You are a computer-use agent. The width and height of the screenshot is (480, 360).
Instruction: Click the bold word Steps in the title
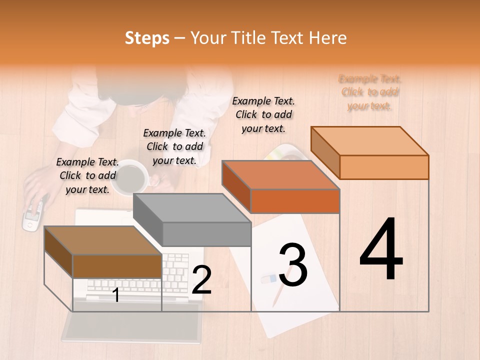[147, 38]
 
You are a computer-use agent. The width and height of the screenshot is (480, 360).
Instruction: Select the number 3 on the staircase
[293, 265]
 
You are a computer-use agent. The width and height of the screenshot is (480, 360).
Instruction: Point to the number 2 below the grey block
[201, 280]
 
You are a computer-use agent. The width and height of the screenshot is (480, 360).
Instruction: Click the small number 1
[116, 295]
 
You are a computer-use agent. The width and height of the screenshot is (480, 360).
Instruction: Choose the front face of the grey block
[206, 234]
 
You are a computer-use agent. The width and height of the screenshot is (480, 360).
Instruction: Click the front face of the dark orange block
[295, 201]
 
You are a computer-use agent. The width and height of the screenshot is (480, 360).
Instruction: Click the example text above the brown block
[87, 175]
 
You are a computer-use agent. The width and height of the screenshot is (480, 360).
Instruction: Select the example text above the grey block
[174, 146]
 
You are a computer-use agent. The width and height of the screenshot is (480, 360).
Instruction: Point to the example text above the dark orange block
[263, 114]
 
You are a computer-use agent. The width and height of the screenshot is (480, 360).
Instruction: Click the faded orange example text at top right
[369, 92]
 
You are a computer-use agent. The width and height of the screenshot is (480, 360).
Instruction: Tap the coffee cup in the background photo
[131, 177]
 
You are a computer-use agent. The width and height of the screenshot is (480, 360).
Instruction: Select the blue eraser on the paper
[268, 278]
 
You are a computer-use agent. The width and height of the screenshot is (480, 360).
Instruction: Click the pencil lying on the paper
[278, 295]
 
